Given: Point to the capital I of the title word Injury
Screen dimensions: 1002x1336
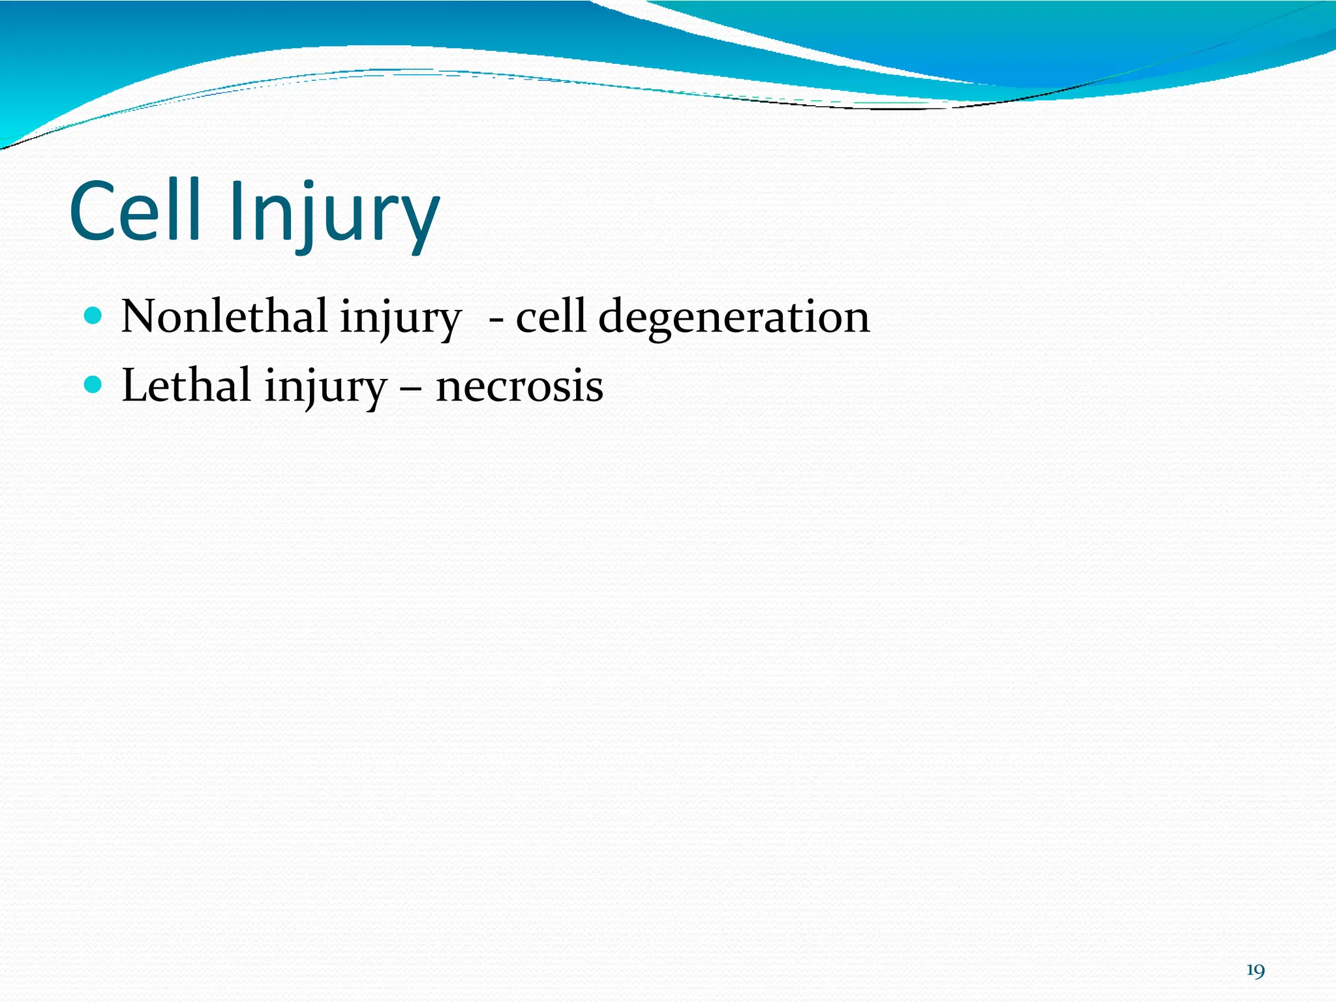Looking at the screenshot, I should click(237, 210).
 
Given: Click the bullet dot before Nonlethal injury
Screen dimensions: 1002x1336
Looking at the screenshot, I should click(94, 316).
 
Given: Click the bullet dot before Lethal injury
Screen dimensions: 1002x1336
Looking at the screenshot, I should click(94, 385).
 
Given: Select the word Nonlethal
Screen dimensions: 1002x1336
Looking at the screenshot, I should click(224, 316).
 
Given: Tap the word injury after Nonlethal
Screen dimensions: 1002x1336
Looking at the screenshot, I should click(400, 320).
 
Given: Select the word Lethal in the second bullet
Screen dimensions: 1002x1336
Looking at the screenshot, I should click(186, 385).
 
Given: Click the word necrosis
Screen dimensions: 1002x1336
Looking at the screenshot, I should click(519, 387).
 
